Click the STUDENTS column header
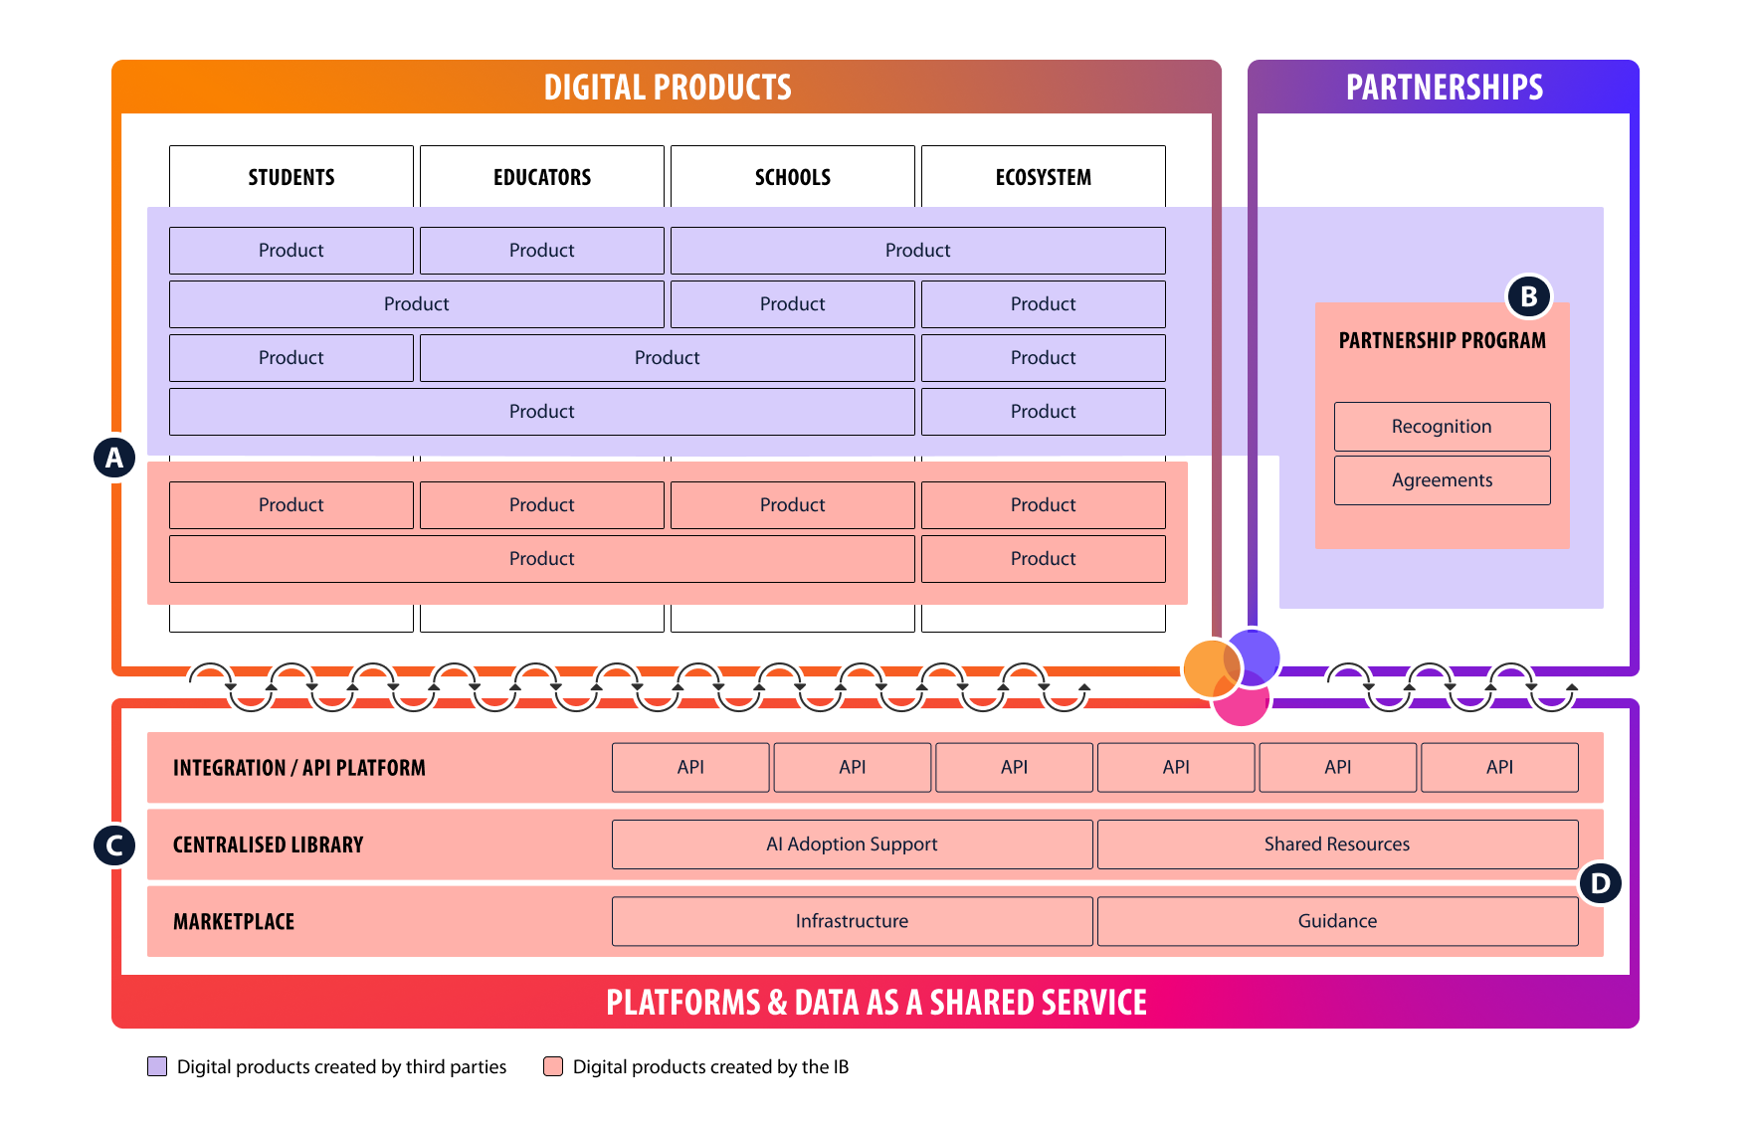pyautogui.click(x=291, y=177)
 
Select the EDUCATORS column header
pyautogui.click(x=541, y=177)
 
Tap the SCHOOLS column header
pyautogui.click(x=792, y=177)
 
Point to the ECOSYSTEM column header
pyautogui.click(x=1043, y=177)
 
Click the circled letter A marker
pyautogui.click(x=114, y=458)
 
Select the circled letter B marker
pyautogui.click(x=1529, y=295)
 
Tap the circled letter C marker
pyautogui.click(x=114, y=845)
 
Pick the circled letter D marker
pyautogui.click(x=1600, y=882)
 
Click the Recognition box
pyautogui.click(x=1442, y=427)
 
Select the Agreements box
pyautogui.click(x=1442, y=480)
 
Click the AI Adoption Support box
pyautogui.click(x=852, y=844)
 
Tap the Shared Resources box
pyautogui.click(x=1337, y=844)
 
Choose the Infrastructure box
pyautogui.click(x=852, y=921)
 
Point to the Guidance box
pyautogui.click(x=1337, y=921)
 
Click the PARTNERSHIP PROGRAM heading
pyautogui.click(x=1442, y=340)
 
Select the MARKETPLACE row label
pyautogui.click(x=234, y=922)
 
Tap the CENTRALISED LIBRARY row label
pyautogui.click(x=268, y=844)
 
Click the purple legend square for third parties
pyautogui.click(x=157, y=1066)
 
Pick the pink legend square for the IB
pyautogui.click(x=553, y=1066)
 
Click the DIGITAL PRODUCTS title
pyautogui.click(x=667, y=88)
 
